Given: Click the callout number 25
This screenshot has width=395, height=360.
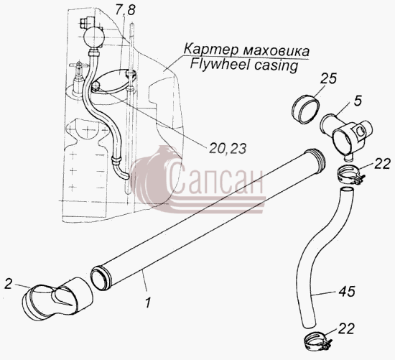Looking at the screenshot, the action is tap(328, 78).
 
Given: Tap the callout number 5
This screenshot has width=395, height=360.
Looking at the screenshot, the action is tap(358, 101).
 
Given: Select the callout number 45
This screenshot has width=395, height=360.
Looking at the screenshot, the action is tap(346, 292).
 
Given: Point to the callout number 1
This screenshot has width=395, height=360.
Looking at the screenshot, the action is tap(148, 303).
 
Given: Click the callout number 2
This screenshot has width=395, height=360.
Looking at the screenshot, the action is tap(9, 284).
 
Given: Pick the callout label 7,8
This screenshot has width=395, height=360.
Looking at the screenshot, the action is tap(126, 10).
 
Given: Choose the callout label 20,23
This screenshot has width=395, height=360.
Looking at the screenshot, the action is tap(228, 149).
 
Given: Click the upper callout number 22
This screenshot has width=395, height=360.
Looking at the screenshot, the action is tap(382, 164).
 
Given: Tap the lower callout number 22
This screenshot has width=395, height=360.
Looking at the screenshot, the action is tap(346, 328).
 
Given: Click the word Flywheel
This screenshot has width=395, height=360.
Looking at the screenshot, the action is tap(219, 65).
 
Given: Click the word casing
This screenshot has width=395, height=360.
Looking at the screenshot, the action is tap(276, 66).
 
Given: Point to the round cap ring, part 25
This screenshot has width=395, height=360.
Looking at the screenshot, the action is tap(305, 109).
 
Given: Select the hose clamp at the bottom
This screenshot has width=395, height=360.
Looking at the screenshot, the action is tap(317, 342).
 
